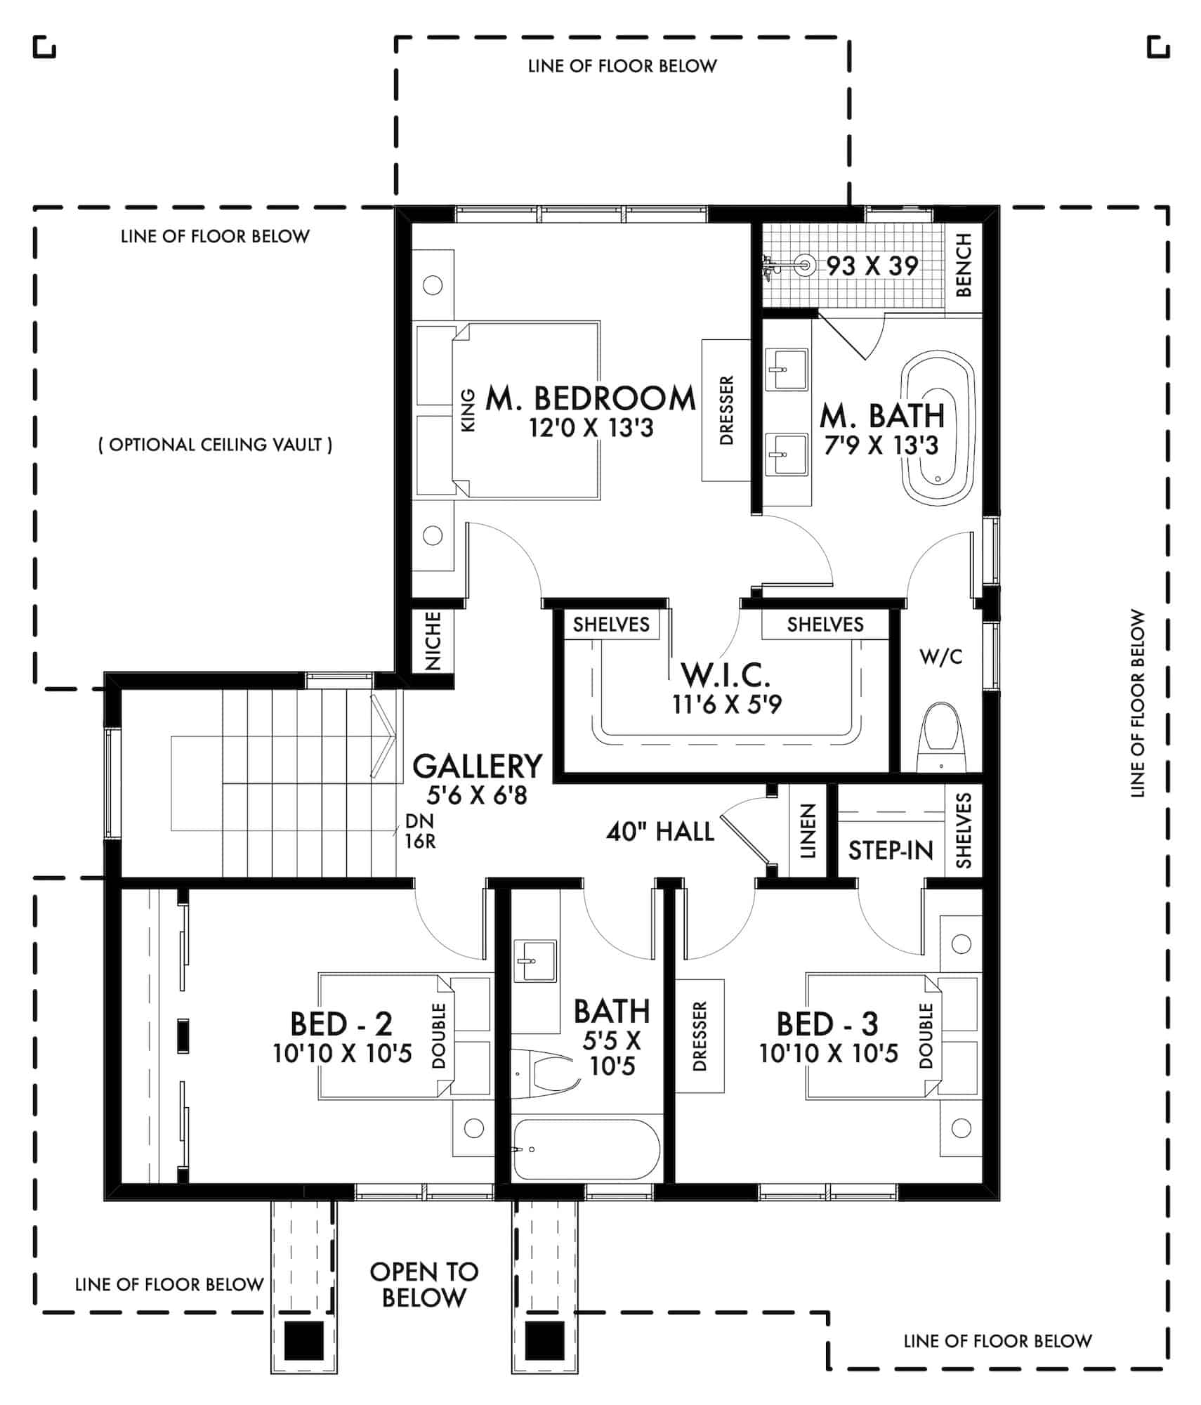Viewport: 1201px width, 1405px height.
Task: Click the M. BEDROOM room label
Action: (591, 398)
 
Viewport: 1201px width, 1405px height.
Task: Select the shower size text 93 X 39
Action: (872, 266)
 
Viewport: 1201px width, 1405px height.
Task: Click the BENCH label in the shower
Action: (964, 265)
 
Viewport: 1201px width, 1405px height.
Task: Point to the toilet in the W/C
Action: (941, 738)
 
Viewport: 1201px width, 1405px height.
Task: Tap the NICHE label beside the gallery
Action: (433, 641)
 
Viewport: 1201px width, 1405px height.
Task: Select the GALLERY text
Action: (478, 766)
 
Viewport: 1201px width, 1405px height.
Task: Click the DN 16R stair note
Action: (419, 831)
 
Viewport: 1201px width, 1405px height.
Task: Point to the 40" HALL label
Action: (659, 832)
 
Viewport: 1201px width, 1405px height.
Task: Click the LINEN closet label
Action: (808, 831)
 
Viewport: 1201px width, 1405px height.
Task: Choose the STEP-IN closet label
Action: (890, 851)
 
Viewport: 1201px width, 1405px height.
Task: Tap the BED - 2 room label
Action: (341, 1024)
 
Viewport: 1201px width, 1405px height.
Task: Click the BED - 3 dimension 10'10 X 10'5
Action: (828, 1054)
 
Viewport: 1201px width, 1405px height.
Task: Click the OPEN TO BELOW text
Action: (424, 1284)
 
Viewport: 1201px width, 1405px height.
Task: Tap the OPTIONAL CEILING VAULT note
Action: (215, 445)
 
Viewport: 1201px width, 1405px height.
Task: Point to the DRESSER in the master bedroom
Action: (726, 410)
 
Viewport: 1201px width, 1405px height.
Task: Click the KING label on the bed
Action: (468, 410)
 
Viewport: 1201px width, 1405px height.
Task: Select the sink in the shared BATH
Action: (535, 960)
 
